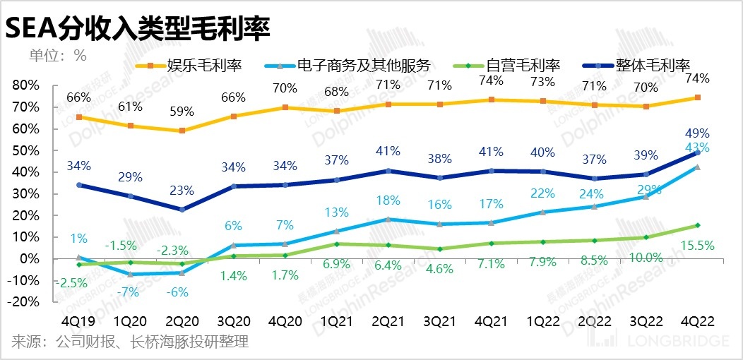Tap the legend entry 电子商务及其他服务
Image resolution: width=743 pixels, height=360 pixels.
point(374,66)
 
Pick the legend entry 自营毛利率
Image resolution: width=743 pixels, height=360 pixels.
point(523,66)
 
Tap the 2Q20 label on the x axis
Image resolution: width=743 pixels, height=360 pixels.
point(182,320)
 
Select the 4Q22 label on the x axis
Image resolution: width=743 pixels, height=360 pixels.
point(697,320)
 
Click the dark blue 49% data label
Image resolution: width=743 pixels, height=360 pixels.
point(697,133)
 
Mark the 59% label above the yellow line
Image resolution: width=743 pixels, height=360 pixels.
point(182,111)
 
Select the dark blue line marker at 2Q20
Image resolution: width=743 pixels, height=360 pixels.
point(182,209)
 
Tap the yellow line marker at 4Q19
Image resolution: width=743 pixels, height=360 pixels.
point(79,117)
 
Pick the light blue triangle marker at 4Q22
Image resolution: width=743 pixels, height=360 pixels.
point(697,167)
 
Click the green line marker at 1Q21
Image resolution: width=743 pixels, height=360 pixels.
point(337,244)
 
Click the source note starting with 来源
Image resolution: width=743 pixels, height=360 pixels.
point(130,343)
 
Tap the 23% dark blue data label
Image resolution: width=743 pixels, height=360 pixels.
point(182,190)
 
